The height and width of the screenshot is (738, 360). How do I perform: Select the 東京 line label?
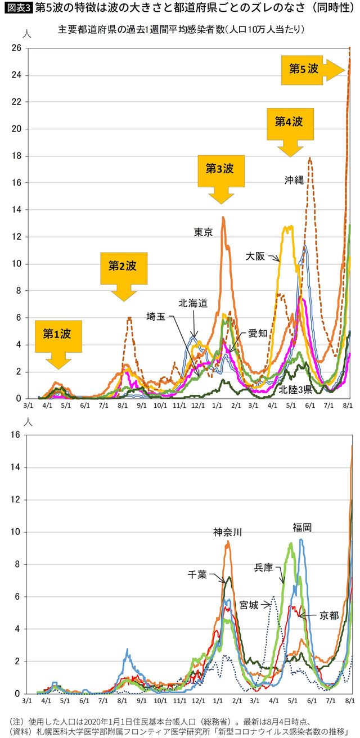coord(203,232)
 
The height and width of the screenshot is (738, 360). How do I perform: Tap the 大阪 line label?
coord(255,256)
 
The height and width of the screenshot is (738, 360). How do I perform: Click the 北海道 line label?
coord(193,303)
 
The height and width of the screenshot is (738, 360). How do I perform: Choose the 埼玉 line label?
coord(156,316)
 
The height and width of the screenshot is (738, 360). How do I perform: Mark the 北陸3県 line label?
coord(296,389)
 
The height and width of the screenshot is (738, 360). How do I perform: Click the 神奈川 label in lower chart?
coord(227,532)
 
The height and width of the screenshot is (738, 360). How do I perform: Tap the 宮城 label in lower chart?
coord(250,605)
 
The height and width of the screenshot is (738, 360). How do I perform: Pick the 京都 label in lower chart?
coord(329,615)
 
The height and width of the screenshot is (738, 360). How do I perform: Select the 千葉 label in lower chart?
coord(197,574)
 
